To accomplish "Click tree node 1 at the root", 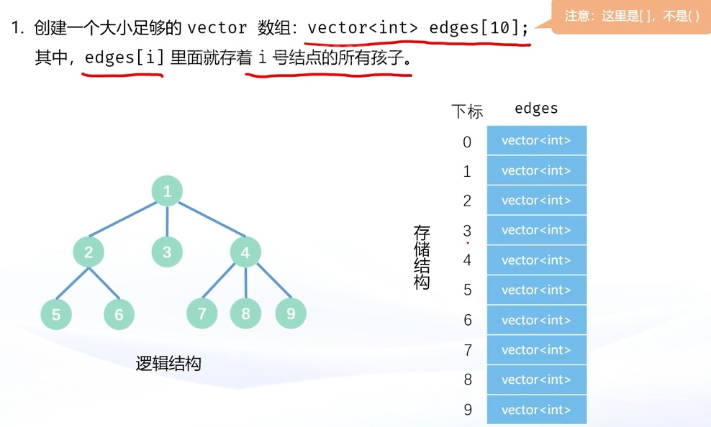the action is coord(167,191).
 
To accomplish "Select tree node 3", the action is coord(167,252).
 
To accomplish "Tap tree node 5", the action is coord(56,314).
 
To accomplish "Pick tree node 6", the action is coord(119,314).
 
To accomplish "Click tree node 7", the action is coord(202,313).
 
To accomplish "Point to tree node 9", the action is coord(291,313).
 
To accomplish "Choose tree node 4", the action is coord(245,252).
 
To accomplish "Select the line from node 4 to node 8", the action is coord(245,283).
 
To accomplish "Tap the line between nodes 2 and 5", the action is coord(73,283).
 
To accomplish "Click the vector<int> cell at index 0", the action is coord(537,140).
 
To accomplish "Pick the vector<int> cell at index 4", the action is coord(537,260).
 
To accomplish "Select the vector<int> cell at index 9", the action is coord(537,410).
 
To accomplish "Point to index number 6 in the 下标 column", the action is coord(468,320).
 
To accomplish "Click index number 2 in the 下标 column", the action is coord(468,201).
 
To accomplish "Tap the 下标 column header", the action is coord(467,111).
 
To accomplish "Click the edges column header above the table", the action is coord(536,109).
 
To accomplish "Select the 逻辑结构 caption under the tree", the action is coord(168,363).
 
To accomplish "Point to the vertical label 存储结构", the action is coord(422,257).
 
